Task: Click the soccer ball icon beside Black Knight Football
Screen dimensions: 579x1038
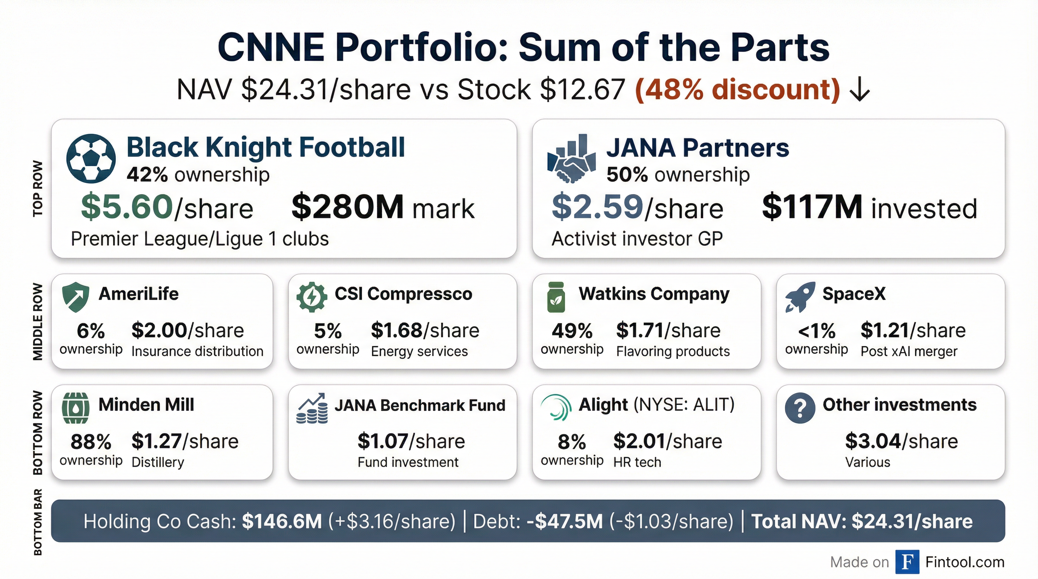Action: click(91, 159)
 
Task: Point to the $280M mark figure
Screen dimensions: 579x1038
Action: click(347, 207)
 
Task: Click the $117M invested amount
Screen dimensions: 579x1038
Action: click(812, 207)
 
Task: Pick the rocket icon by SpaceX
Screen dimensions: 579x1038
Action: click(800, 297)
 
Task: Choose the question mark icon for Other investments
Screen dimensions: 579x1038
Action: click(800, 408)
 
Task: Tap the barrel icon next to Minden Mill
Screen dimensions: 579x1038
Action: click(75, 408)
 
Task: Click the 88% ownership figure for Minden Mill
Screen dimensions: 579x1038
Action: click(91, 442)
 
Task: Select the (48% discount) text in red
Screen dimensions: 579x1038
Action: click(737, 89)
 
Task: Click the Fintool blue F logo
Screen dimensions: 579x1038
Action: click(907, 562)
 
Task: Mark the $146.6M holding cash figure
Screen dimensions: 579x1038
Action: click(282, 521)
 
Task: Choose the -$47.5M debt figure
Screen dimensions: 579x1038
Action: click(565, 521)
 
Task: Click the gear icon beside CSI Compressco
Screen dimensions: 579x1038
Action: click(312, 297)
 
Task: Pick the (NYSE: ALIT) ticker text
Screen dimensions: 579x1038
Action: click(684, 404)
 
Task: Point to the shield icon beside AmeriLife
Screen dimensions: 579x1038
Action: click(75, 297)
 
